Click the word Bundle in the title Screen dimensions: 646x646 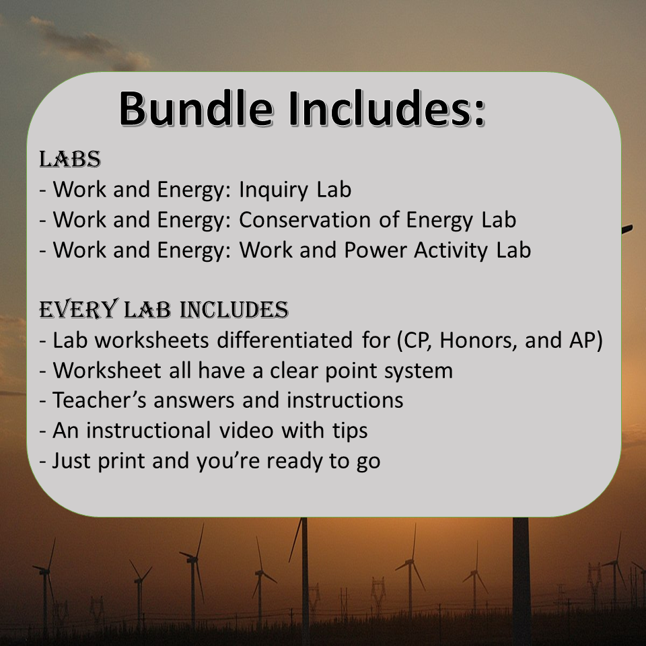[x=196, y=108]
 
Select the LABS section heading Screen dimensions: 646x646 [x=70, y=159]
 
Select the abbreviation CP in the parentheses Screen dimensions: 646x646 [x=412, y=340]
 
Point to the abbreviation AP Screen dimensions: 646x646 [x=581, y=340]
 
